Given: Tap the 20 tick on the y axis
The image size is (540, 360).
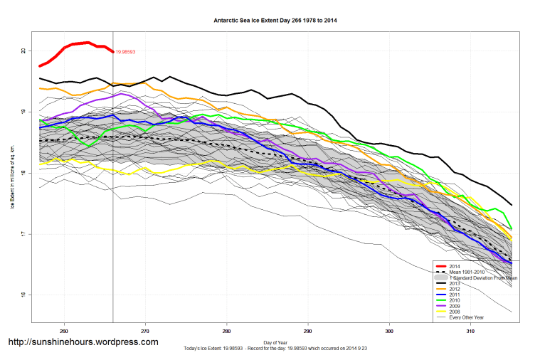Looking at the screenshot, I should (23, 51).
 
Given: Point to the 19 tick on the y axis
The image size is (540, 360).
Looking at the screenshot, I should (23, 112).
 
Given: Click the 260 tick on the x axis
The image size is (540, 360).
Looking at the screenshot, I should (64, 331).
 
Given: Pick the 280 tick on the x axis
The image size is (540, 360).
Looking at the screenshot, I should (226, 331).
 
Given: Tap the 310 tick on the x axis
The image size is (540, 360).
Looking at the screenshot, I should (470, 331).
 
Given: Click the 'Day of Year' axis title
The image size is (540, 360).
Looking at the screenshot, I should (275, 342).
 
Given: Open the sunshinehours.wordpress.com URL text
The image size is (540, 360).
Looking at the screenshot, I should (83, 342).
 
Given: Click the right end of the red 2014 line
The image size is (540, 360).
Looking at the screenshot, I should (112, 51).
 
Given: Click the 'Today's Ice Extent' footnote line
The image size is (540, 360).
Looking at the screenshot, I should (275, 349).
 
